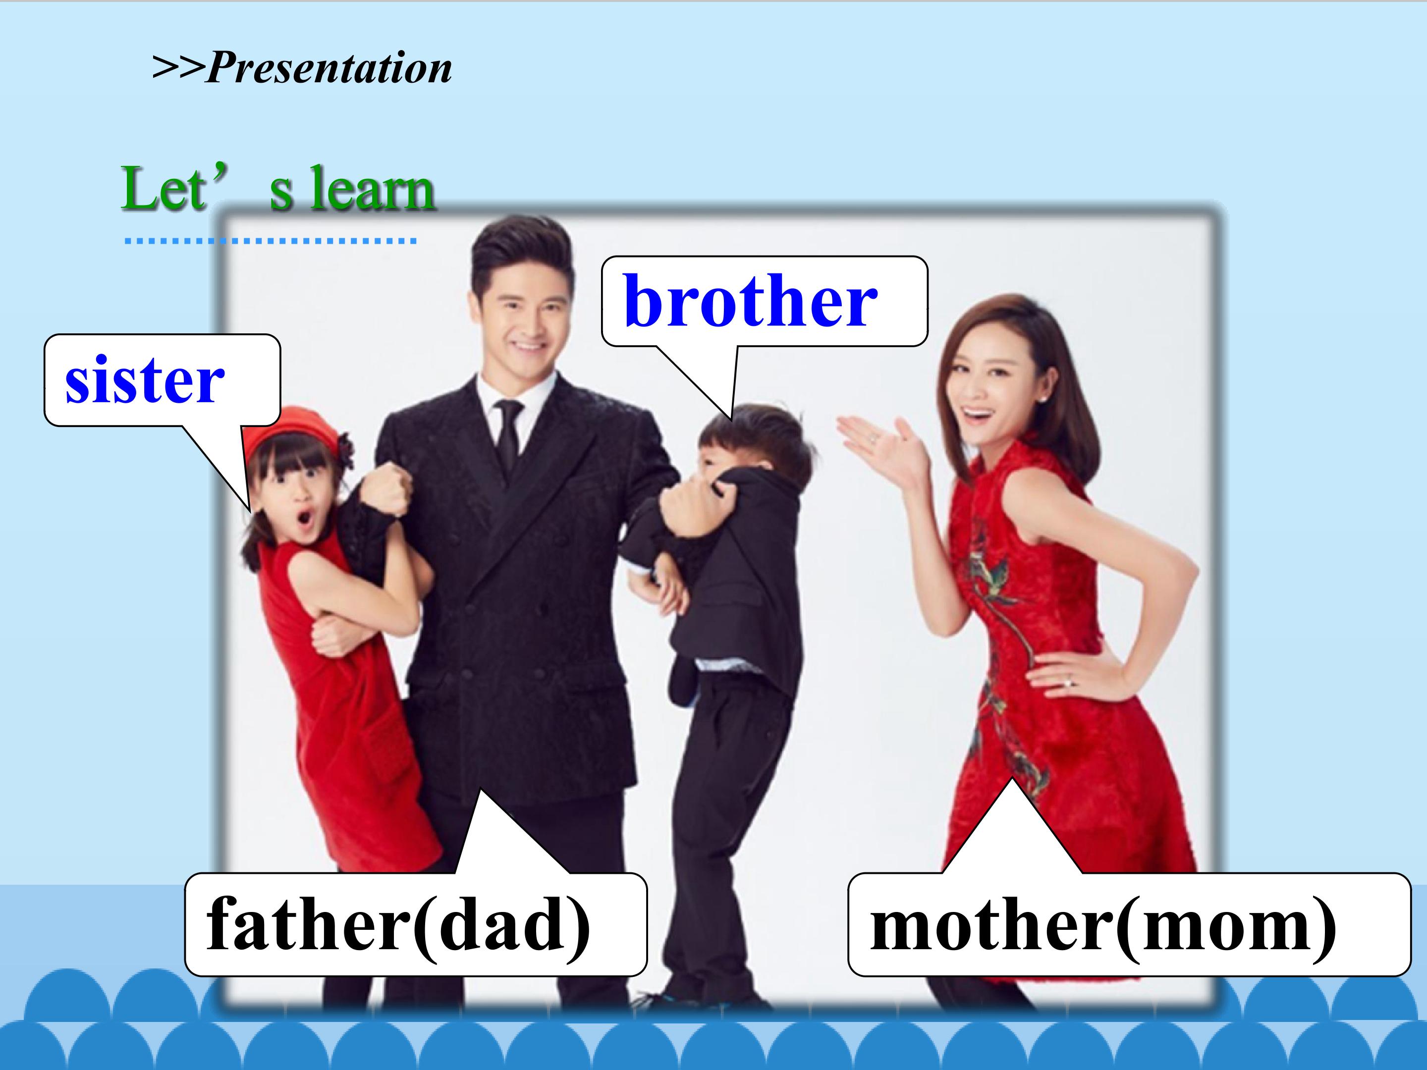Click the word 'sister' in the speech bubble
pyautogui.click(x=145, y=380)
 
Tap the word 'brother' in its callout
pyautogui.click(x=750, y=301)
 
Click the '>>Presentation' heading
pyautogui.click(x=302, y=68)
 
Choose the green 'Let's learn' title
pyautogui.click(x=278, y=188)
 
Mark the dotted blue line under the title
pyautogui.click(x=271, y=241)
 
